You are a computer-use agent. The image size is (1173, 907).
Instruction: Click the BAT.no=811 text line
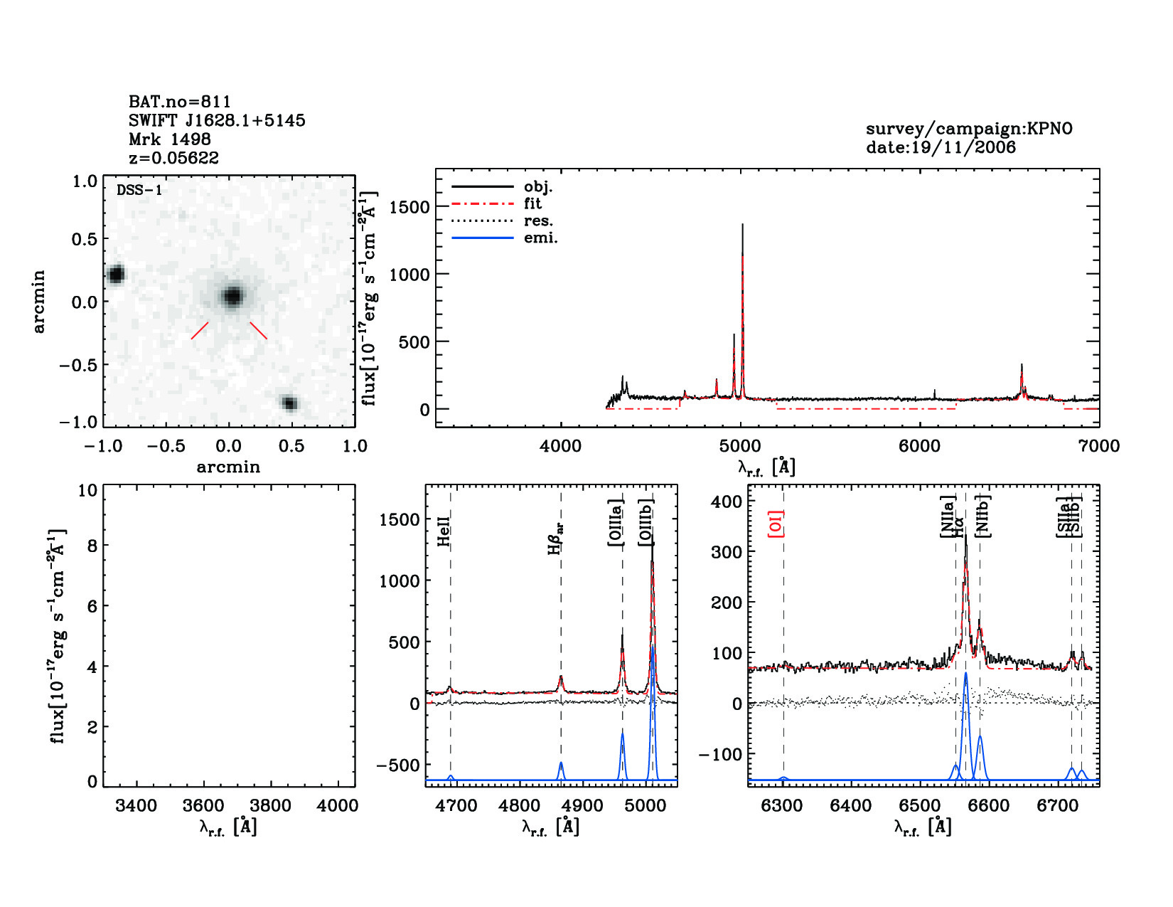(x=179, y=102)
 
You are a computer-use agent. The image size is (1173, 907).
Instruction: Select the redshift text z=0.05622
(x=173, y=158)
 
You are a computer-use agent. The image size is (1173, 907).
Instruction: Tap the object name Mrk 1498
(x=169, y=139)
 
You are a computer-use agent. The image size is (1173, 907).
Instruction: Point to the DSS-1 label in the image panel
(x=139, y=190)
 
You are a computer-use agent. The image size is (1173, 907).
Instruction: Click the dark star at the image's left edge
(x=115, y=275)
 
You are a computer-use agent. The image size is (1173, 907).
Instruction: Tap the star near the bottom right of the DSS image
(x=289, y=403)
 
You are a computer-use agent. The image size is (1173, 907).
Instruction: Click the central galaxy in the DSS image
(x=232, y=296)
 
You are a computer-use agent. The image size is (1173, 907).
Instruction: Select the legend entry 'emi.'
(x=540, y=238)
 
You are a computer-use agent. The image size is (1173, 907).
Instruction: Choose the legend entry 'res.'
(x=537, y=221)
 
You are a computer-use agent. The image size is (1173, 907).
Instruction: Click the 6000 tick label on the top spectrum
(x=919, y=446)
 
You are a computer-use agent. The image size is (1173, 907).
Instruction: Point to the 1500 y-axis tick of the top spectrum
(x=409, y=207)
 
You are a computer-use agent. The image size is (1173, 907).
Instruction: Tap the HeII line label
(x=444, y=532)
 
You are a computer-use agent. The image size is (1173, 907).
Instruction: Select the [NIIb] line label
(x=983, y=516)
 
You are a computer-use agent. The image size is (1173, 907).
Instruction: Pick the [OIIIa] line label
(x=616, y=523)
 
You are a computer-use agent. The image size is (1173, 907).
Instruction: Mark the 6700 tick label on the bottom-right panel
(x=1057, y=806)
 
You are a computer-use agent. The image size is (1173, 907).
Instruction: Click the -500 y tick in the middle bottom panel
(x=400, y=765)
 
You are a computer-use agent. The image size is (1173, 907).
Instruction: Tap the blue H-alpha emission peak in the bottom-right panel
(x=965, y=674)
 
